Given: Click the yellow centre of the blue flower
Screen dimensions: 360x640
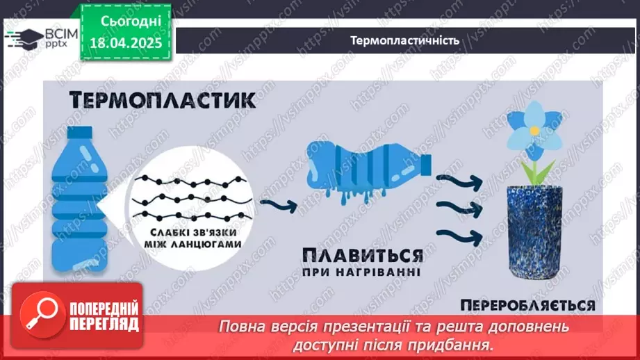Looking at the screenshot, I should (x=534, y=130).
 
